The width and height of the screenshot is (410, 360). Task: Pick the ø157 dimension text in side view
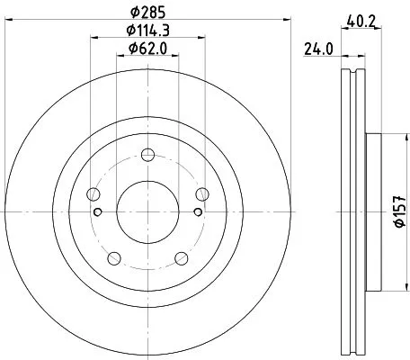tap(397, 211)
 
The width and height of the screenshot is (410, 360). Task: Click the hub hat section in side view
tap(372, 211)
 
